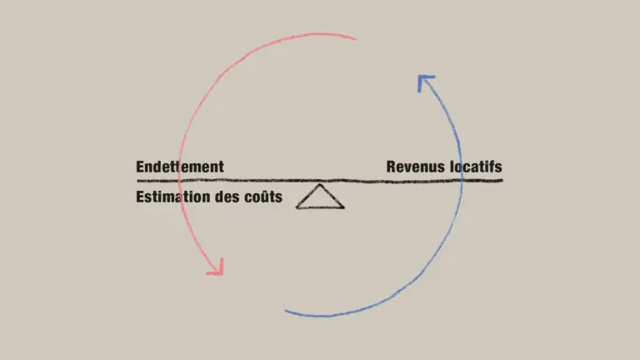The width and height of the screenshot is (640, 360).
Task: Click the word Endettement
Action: point(180,167)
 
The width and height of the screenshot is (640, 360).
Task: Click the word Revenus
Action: point(416,167)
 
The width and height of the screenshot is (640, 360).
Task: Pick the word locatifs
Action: point(476,167)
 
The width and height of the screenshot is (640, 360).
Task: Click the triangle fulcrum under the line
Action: point(320,197)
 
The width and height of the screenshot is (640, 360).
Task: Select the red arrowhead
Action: point(217,267)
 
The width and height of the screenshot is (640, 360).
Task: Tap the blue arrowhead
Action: point(425,82)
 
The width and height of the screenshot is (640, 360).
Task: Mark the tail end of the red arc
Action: point(356,40)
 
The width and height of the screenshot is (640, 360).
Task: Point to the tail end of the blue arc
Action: point(285,311)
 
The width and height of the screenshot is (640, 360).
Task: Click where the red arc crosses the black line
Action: point(180,180)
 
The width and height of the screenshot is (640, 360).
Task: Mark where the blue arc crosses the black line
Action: point(462,180)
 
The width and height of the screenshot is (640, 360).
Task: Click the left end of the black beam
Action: point(137,180)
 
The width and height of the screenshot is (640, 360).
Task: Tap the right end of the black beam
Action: point(502,180)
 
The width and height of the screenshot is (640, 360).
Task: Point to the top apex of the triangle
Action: point(320,184)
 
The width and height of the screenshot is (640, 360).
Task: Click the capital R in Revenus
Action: point(392,167)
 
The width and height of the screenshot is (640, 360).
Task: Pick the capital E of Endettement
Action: point(140,167)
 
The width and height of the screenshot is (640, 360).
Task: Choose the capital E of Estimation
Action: point(140,197)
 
